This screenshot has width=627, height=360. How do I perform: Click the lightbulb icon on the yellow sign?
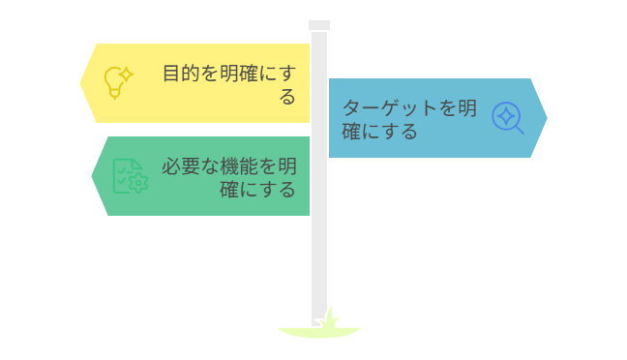click(x=117, y=81)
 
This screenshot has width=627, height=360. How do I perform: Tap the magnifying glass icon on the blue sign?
click(x=507, y=117)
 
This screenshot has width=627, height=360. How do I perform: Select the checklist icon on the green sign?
click(x=129, y=175)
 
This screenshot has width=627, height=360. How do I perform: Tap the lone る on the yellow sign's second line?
click(x=286, y=97)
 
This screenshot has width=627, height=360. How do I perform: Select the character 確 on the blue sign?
click(x=352, y=131)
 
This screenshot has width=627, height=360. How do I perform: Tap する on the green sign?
click(x=286, y=189)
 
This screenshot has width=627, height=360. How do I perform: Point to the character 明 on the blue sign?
click(x=467, y=107)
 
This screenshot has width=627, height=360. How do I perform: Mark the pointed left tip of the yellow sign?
click(x=79, y=82)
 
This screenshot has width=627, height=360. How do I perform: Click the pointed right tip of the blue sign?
click(x=548, y=117)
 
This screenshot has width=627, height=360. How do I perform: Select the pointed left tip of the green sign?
click(x=91, y=176)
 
